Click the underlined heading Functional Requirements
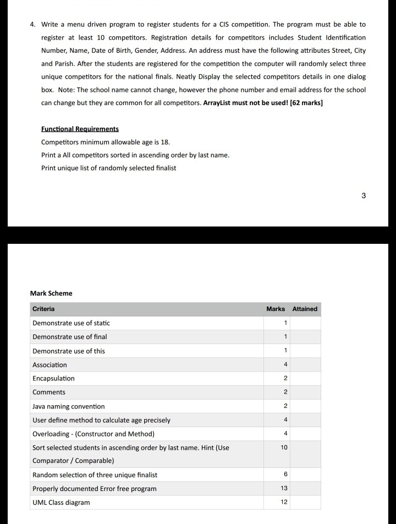(x=80, y=129)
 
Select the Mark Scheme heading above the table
(x=51, y=293)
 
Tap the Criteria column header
(x=43, y=309)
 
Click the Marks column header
(x=276, y=309)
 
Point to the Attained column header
(x=305, y=309)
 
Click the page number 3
(x=364, y=195)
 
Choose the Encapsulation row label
(x=53, y=379)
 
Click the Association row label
(x=50, y=365)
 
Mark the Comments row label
(x=49, y=392)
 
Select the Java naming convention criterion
(x=68, y=406)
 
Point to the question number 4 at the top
(x=32, y=25)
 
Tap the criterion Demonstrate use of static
(x=71, y=323)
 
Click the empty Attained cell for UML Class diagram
(x=305, y=502)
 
